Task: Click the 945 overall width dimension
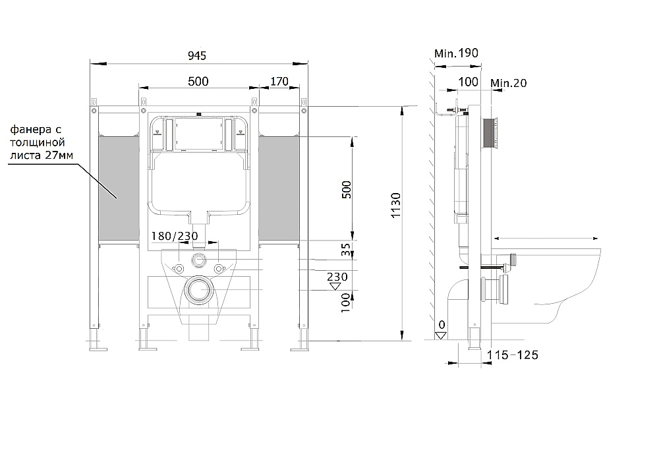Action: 197,55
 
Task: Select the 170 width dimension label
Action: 279,81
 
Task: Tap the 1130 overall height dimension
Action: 395,205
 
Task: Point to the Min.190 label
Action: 456,53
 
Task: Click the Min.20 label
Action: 509,83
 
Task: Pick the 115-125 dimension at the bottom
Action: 512,355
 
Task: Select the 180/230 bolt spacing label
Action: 175,236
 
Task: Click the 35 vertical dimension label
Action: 345,250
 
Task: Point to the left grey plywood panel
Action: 119,188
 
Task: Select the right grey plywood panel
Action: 279,188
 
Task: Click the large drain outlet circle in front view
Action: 198,289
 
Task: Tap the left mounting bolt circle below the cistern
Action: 179,268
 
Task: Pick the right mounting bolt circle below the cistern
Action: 218,268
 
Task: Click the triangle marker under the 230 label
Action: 335,286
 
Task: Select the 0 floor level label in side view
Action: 442,325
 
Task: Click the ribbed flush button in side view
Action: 490,133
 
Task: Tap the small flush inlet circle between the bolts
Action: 198,260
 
